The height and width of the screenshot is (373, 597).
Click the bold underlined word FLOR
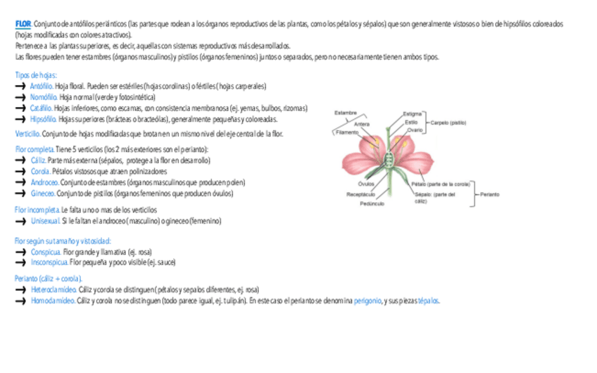click(23, 24)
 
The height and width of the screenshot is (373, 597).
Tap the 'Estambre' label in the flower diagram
click(346, 113)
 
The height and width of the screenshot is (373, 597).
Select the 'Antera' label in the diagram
click(362, 124)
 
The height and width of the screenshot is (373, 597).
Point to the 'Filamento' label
click(348, 132)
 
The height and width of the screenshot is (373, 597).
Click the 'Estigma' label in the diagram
click(413, 113)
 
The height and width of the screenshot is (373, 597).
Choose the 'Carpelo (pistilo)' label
click(448, 122)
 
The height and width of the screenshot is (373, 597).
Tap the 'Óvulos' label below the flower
click(366, 184)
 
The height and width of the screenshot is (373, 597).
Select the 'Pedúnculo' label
click(372, 203)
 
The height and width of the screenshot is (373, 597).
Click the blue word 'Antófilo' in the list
click(42, 86)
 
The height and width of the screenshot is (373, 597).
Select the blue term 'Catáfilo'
click(41, 108)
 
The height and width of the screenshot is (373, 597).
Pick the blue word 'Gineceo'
click(42, 194)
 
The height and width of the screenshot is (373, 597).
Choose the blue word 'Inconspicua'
click(49, 262)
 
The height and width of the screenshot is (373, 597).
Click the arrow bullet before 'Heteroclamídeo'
click(20, 289)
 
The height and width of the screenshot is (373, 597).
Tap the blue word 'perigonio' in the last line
click(367, 301)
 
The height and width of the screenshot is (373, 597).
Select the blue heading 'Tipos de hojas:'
click(36, 75)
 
